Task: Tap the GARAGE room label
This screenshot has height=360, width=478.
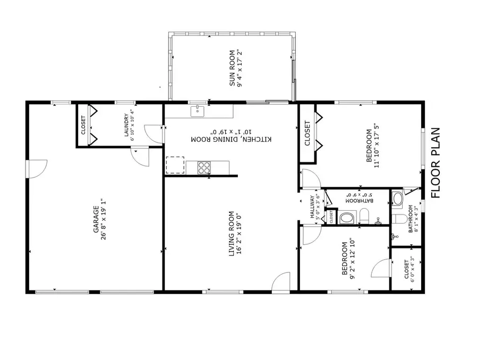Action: point(97,219)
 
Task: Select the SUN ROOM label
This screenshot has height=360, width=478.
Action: point(232,68)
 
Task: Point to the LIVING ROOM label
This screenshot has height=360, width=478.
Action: point(231,234)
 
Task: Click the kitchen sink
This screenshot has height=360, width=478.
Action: point(198,111)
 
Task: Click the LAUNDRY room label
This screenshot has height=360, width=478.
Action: point(127,125)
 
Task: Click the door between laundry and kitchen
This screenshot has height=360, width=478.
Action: point(155,132)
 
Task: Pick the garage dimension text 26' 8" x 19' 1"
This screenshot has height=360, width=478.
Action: point(105,219)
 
